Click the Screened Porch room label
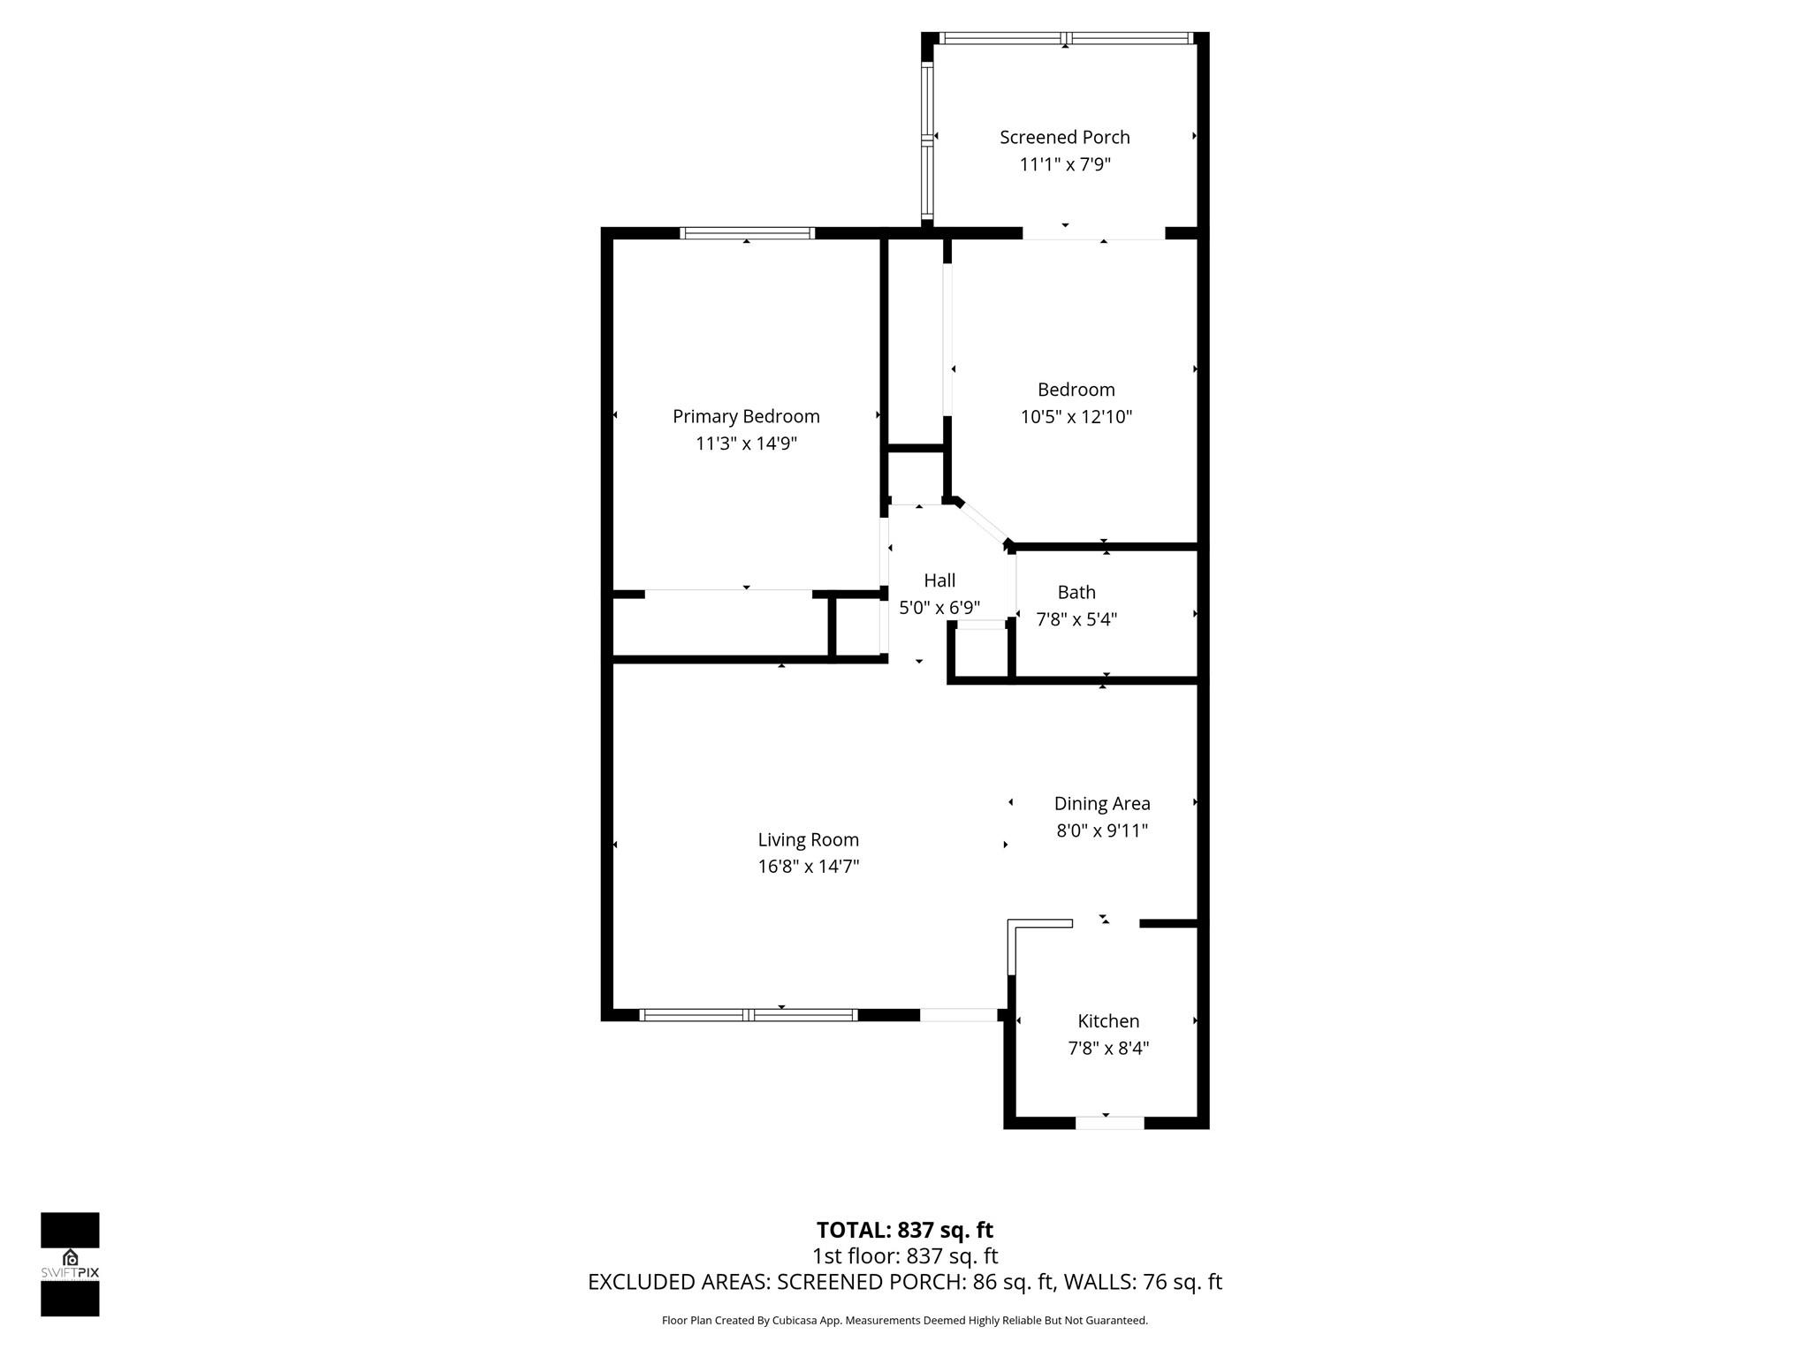1064,138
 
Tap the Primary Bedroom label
746,417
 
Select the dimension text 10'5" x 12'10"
1076,417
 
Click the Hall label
939,580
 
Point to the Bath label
1076,592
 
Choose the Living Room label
808,839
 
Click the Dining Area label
1101,804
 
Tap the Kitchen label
1107,1021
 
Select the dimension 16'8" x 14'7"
808,867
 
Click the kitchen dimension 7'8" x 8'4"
1107,1049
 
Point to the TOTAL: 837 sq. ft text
904,1230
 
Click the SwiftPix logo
70,1264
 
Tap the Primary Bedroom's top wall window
747,233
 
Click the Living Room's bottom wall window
748,1015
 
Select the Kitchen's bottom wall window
1109,1123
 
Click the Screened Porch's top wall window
1065,38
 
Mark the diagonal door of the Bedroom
983,523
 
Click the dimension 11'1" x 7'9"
1064,165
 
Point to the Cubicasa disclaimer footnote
904,1321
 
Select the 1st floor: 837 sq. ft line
904,1255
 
